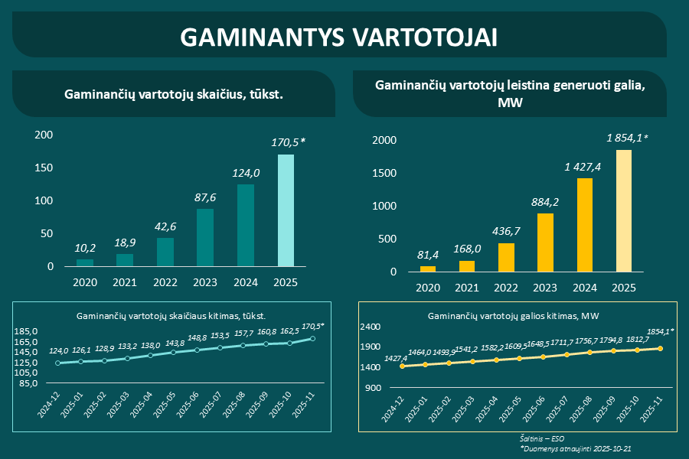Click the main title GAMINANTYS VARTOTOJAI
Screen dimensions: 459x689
[x=339, y=37]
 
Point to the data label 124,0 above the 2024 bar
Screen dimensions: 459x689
[x=245, y=174]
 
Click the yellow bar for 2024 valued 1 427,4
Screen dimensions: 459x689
[x=584, y=225]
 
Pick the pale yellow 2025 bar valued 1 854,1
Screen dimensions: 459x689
[x=624, y=210]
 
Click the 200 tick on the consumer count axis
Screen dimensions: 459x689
[x=44, y=135]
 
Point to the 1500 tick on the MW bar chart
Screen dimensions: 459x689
[x=384, y=174]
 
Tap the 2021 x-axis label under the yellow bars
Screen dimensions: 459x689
[x=467, y=288]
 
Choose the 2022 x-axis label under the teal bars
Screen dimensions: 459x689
[x=165, y=282]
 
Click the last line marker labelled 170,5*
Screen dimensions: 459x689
[x=312, y=338]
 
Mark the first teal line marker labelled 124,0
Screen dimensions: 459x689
[x=59, y=363]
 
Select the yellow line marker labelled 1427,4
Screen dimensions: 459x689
[x=403, y=366]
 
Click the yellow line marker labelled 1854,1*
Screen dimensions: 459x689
[x=660, y=349]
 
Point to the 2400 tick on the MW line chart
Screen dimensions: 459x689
[x=371, y=327]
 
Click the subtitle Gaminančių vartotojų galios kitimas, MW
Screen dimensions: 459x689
[x=514, y=315]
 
